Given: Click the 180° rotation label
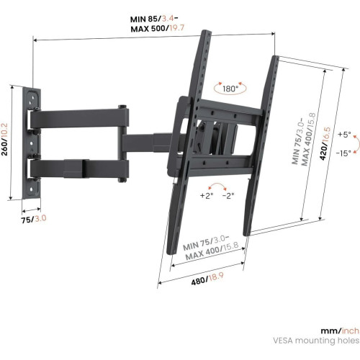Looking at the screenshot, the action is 230,89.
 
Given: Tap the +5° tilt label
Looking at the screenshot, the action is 344,135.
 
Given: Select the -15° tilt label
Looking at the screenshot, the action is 343,153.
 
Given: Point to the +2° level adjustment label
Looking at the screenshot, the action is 207,196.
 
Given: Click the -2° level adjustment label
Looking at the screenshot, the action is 228,196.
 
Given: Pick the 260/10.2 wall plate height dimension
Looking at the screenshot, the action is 5,140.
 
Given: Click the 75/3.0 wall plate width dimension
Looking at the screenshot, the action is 34,220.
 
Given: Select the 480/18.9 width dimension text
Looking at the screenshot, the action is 207,279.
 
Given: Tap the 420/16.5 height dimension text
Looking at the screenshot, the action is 325,144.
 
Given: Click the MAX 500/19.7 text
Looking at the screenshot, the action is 158,28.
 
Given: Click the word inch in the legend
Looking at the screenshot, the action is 351,330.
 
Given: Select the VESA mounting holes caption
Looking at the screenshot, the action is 316,341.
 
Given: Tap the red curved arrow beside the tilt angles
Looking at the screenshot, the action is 357,144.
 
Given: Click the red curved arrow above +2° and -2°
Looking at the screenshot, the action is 217,186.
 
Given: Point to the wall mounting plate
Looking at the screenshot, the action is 32,143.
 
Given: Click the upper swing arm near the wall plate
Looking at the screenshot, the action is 79,118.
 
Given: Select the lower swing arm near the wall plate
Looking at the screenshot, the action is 79,168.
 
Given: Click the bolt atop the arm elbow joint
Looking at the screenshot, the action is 122,107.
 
